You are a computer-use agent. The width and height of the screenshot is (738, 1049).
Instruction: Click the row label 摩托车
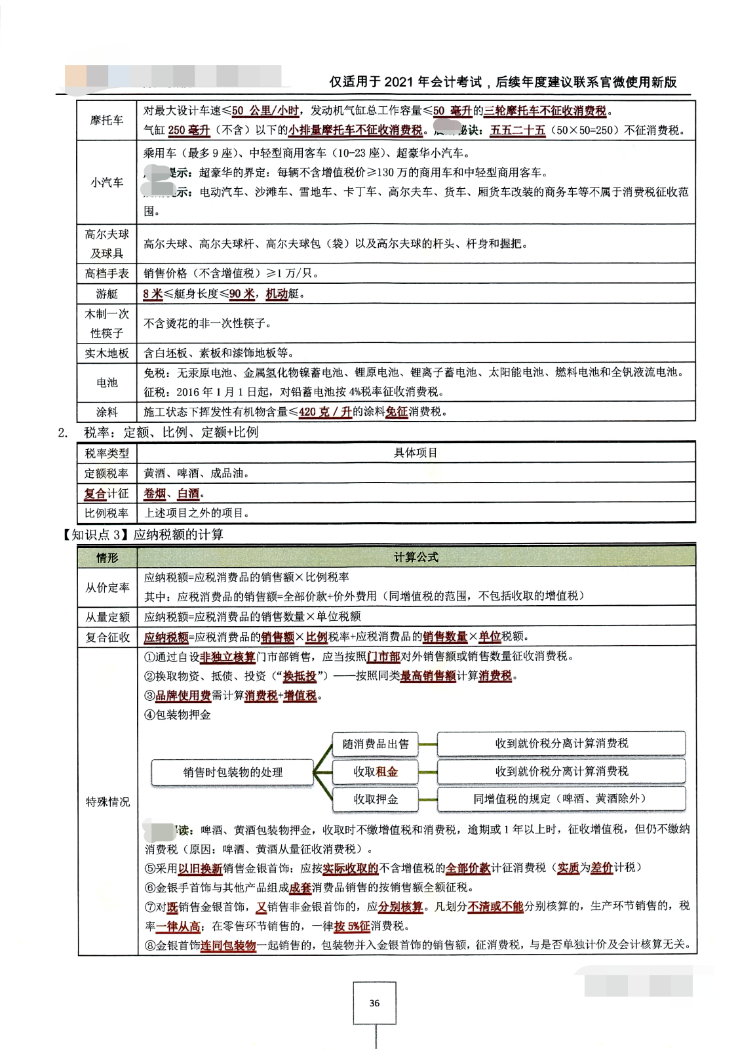pos(107,120)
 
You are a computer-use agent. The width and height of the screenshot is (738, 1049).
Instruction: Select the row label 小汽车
pos(107,182)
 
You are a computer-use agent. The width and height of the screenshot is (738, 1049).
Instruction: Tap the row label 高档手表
pos(107,273)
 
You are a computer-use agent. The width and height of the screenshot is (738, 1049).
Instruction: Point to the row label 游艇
pos(107,294)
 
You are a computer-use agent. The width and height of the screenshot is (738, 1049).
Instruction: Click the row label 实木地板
pos(107,353)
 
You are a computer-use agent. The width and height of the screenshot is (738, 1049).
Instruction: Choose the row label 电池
pos(107,382)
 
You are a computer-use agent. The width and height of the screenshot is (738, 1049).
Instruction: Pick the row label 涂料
pos(107,412)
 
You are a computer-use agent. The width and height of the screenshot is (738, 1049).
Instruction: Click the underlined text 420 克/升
pos(325,412)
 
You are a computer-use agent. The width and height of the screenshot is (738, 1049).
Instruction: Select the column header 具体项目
pos(416,453)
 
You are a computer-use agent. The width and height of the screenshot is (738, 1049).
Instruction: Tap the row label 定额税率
pos(107,473)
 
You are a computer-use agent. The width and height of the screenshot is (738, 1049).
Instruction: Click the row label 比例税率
pos(107,513)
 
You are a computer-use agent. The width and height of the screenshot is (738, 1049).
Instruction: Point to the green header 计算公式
pos(416,557)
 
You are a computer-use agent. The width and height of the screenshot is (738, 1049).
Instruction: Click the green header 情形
pos(107,557)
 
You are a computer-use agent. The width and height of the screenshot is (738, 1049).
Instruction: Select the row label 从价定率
pos(107,587)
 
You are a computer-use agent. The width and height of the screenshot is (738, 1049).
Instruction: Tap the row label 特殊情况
pos(107,802)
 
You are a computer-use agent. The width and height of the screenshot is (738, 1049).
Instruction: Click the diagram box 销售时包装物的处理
pos(233,772)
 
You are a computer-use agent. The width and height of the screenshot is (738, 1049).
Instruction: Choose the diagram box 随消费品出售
pos(376,743)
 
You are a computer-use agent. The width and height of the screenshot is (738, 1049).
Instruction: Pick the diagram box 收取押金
pos(376,799)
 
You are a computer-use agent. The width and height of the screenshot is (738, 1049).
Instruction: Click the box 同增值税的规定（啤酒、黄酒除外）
pos(561,799)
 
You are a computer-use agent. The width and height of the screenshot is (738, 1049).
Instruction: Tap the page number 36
pos(374,1003)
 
